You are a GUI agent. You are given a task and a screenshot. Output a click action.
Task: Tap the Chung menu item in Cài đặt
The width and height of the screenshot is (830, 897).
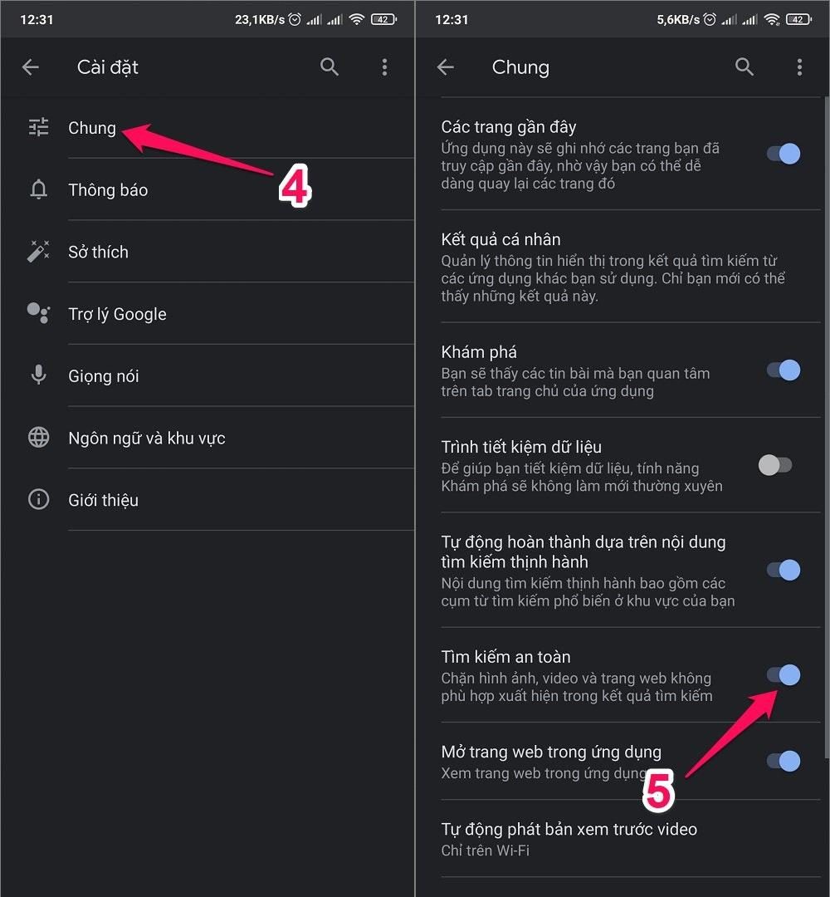coord(92,128)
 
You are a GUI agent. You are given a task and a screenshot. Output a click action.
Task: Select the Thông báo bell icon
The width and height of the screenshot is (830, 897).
coord(38,190)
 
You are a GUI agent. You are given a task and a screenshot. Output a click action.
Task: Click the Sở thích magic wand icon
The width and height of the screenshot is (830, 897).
coord(38,252)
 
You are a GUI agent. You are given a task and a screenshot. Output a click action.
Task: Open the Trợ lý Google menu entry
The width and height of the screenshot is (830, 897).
coord(117,314)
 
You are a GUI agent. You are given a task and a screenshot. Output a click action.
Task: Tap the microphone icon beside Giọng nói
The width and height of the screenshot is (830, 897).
coord(38,375)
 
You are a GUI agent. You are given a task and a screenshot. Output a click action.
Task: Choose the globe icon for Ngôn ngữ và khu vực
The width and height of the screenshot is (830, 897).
coord(38,438)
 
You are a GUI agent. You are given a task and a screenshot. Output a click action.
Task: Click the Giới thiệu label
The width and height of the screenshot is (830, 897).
coord(103,500)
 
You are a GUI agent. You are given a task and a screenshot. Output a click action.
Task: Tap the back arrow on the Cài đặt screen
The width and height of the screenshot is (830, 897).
coord(31,67)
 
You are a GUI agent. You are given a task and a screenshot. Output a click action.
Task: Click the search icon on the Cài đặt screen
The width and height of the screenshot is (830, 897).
coord(330,67)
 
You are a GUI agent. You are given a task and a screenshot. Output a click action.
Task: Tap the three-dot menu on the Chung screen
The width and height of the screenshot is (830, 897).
coord(799,67)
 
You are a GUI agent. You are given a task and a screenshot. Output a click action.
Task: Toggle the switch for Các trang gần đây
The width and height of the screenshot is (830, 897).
coord(783,154)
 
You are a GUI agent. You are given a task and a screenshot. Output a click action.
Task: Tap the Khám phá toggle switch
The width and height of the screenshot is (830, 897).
coord(783,370)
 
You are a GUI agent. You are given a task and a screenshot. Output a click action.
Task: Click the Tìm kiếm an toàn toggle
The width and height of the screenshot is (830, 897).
coord(783,675)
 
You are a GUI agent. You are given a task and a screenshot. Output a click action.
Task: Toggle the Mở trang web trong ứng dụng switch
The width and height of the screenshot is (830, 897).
coord(783,761)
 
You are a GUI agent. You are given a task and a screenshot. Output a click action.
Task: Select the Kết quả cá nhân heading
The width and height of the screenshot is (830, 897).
coord(500,239)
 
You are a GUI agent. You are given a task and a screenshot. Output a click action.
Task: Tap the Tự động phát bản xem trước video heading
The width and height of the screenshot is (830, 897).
coord(569,829)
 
